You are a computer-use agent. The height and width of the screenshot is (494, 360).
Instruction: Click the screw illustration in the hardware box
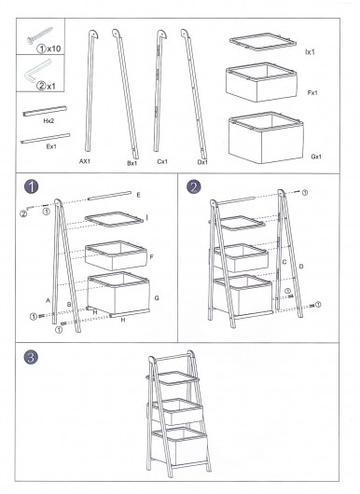click(x=40, y=35)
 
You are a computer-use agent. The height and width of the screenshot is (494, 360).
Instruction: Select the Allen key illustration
click(x=38, y=71)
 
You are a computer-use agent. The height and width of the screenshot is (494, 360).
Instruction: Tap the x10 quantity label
click(x=54, y=48)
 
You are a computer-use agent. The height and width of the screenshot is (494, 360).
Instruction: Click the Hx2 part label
click(x=48, y=120)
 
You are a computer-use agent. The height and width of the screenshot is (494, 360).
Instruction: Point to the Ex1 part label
click(x=51, y=146)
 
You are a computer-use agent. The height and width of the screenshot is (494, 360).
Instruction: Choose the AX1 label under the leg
click(x=85, y=161)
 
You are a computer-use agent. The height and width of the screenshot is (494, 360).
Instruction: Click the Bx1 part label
click(x=132, y=163)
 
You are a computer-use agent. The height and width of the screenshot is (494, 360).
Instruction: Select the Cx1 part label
click(x=162, y=161)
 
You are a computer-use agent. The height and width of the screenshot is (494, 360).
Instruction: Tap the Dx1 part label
click(x=202, y=162)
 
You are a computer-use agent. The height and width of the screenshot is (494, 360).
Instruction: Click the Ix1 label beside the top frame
click(x=310, y=52)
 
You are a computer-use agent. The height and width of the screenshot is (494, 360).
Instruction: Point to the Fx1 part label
click(x=312, y=92)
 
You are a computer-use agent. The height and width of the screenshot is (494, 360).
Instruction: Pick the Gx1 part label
click(x=316, y=157)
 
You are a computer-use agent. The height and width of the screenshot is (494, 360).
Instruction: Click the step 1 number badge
click(x=31, y=186)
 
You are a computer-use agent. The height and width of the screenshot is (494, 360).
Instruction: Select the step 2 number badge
click(x=194, y=186)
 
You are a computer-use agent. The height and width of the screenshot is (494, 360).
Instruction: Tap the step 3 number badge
click(x=31, y=357)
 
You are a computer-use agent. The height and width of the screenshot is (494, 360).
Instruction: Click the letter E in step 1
click(x=139, y=195)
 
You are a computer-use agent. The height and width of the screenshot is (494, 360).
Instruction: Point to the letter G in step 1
click(x=157, y=298)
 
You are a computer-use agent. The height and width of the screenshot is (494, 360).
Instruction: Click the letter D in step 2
click(x=301, y=267)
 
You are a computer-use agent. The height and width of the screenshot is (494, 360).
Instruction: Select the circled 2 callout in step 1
click(x=23, y=213)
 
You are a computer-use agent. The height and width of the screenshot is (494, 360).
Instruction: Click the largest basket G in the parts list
click(x=266, y=138)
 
